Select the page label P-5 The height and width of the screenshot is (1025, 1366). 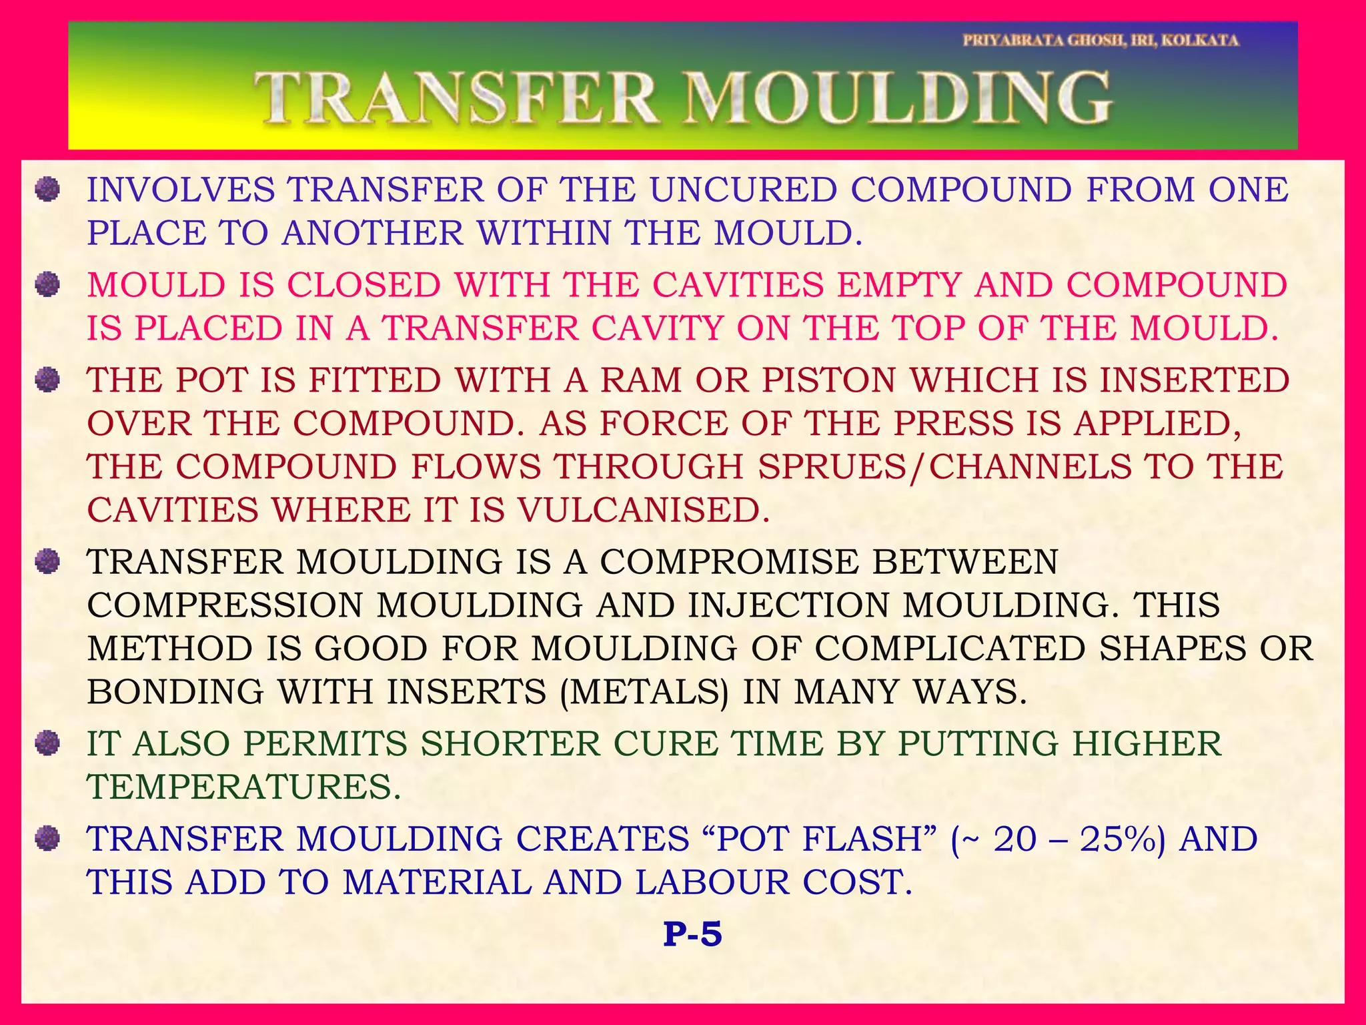click(x=692, y=934)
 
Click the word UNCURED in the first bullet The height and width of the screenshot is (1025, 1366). click(x=743, y=190)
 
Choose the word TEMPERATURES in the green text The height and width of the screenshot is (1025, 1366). click(x=244, y=787)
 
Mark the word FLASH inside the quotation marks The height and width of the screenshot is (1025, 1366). click(x=861, y=839)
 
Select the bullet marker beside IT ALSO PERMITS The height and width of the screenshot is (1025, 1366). click(x=47, y=743)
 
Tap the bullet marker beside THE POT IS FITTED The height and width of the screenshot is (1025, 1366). click(x=47, y=380)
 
